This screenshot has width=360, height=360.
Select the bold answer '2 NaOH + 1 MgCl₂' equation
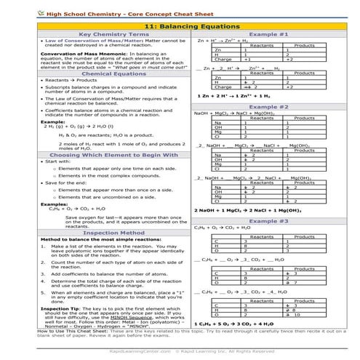click(x=247, y=210)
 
